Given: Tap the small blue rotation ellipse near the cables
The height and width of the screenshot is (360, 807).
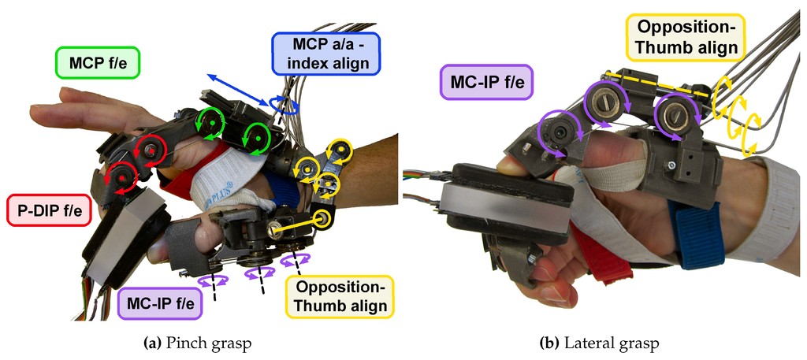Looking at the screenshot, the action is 285,106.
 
